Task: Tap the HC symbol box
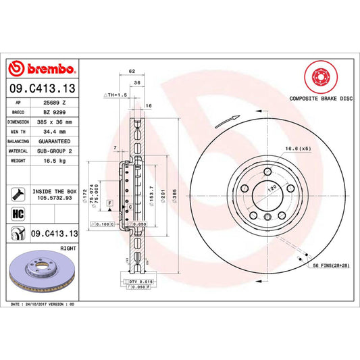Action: [16, 213]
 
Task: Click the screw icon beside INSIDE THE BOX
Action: [16, 195]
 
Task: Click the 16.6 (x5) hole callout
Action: [298, 147]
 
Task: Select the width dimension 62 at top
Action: [132, 71]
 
